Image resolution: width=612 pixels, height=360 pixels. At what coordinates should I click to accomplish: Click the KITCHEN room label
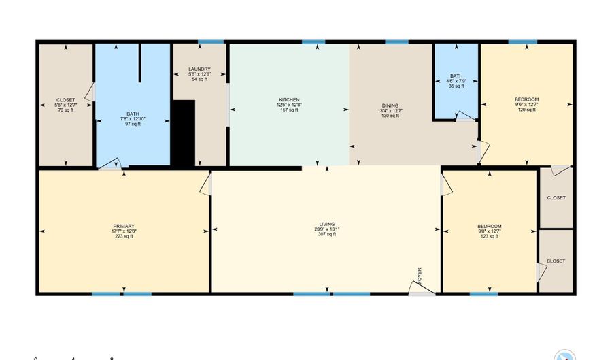[x=288, y=100]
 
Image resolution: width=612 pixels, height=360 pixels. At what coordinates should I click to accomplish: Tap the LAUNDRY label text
[x=199, y=69]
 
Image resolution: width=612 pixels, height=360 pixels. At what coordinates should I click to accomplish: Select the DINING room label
[x=390, y=105]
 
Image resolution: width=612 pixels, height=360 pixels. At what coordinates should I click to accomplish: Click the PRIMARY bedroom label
[x=124, y=226]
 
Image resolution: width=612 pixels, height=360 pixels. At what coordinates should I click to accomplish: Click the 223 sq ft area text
[x=124, y=237]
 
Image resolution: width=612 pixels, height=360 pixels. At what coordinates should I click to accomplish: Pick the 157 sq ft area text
[x=288, y=110]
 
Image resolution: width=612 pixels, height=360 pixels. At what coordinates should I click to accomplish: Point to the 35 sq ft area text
[x=456, y=86]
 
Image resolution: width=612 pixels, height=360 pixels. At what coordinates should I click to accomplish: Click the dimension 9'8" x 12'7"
[x=490, y=231]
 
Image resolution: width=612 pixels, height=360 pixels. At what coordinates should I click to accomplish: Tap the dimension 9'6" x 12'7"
[x=527, y=105]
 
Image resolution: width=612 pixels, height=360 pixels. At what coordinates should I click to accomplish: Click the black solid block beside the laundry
[x=183, y=133]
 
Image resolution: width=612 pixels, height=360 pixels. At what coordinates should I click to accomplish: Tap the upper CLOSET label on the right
[x=556, y=198]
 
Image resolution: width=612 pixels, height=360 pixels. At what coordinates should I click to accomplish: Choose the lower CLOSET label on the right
[x=556, y=261]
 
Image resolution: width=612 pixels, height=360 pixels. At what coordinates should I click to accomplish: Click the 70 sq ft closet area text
[x=65, y=110]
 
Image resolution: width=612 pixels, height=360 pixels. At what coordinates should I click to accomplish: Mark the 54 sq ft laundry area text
[x=199, y=80]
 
